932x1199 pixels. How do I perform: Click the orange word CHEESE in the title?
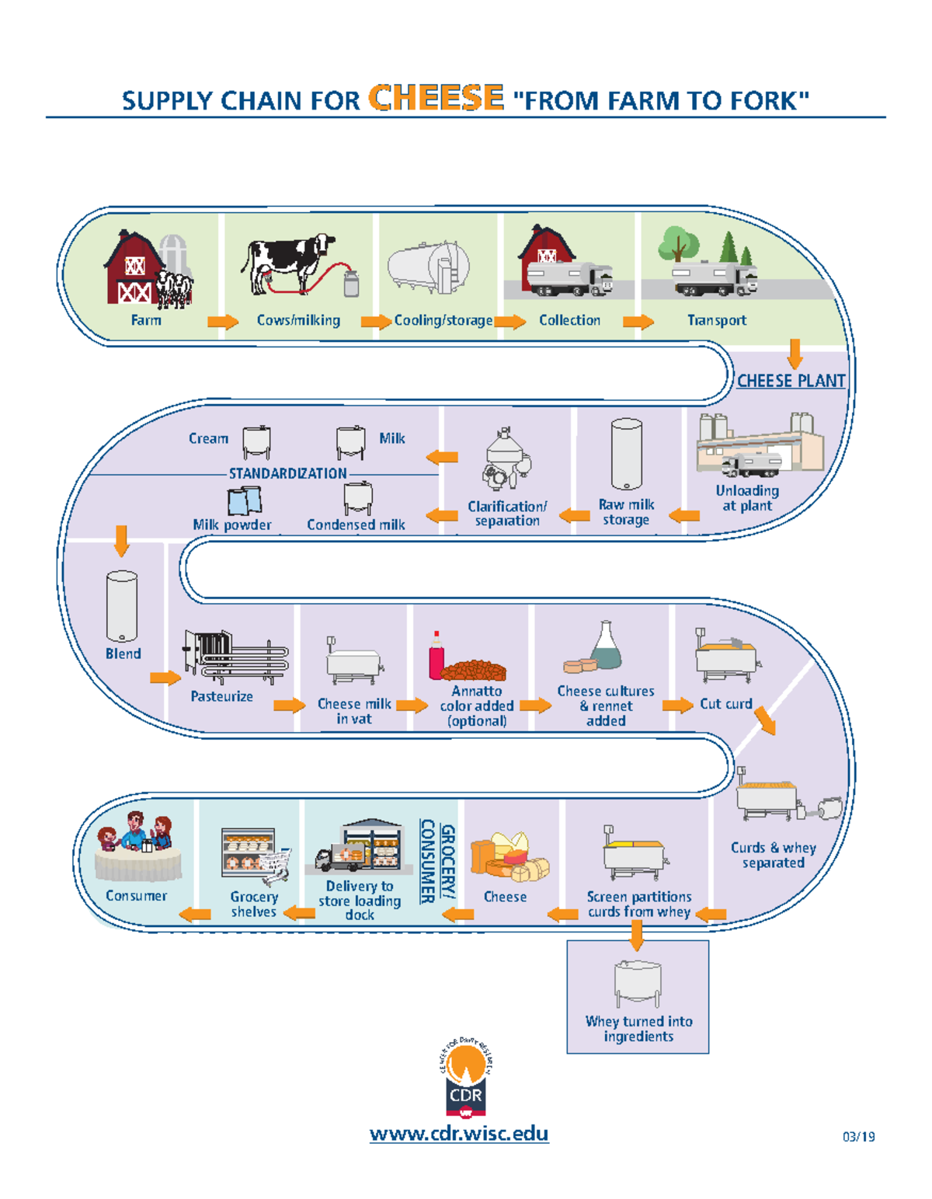click(x=436, y=98)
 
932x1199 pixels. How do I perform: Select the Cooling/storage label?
click(x=443, y=320)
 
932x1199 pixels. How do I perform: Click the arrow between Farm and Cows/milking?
click(x=223, y=322)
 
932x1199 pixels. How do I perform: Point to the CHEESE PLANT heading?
click(x=791, y=381)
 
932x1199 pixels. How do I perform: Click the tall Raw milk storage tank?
click(x=626, y=455)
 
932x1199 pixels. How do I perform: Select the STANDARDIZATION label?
click(x=287, y=473)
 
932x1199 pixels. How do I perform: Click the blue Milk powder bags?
click(x=244, y=501)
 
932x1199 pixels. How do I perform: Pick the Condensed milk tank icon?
click(x=358, y=498)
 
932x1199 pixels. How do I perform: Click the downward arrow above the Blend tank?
click(x=121, y=541)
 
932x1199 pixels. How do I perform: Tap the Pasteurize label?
click(x=221, y=696)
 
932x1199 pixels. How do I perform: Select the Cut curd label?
click(x=725, y=704)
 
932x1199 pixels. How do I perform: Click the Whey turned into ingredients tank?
click(x=638, y=983)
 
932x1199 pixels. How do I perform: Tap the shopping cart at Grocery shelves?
click(x=276, y=866)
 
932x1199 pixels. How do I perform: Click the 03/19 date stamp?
click(x=858, y=1137)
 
